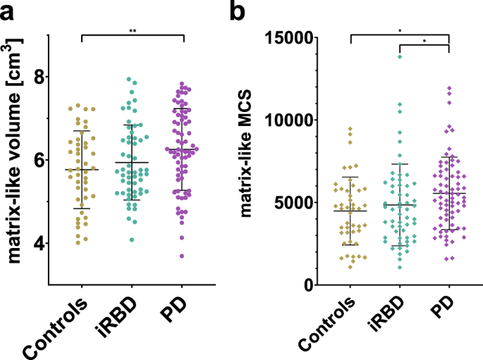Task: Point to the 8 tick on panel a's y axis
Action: click(35, 75)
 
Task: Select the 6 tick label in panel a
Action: click(35, 159)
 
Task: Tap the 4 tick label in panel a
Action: click(35, 244)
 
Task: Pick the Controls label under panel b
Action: click(329, 327)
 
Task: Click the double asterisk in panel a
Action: click(133, 31)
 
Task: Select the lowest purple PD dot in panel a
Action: click(182, 256)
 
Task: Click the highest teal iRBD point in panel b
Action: click(400, 56)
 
